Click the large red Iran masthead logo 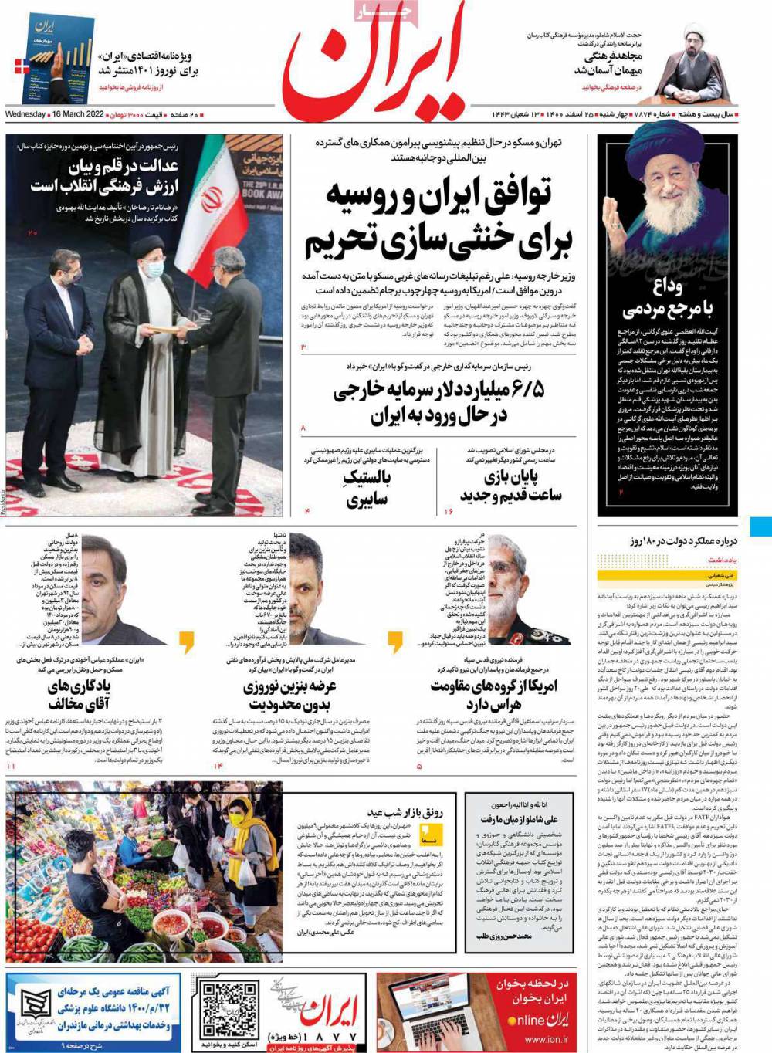pos(374,62)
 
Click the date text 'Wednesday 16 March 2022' pos(55,115)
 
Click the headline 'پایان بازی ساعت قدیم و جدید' pos(510,486)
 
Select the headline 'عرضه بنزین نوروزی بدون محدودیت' pos(289,696)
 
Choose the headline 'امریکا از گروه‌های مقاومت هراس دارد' pos(494,695)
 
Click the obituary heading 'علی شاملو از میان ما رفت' pos(509,819)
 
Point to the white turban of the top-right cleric pos(692,32)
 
